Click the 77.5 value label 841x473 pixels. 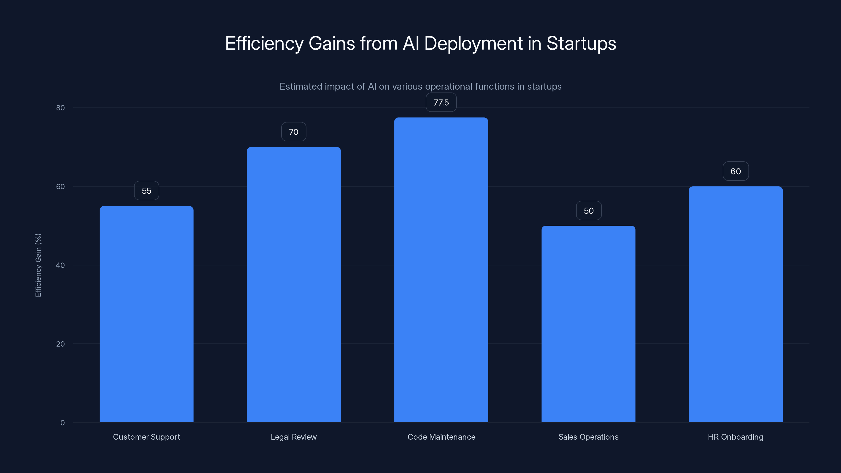click(x=441, y=102)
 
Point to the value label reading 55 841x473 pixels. click(x=146, y=191)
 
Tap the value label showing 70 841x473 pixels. click(x=294, y=132)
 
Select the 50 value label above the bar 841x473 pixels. click(x=589, y=210)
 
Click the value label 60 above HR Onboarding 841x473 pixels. click(x=736, y=171)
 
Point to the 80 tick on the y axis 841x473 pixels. click(x=60, y=108)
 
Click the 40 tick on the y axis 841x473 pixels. click(x=60, y=265)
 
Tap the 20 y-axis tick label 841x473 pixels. click(x=60, y=344)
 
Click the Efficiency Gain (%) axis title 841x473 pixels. click(x=38, y=265)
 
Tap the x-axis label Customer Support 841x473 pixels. click(x=146, y=437)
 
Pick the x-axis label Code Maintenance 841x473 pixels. click(x=441, y=437)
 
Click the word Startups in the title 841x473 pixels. click(x=581, y=43)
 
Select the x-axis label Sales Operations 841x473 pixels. click(x=588, y=437)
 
